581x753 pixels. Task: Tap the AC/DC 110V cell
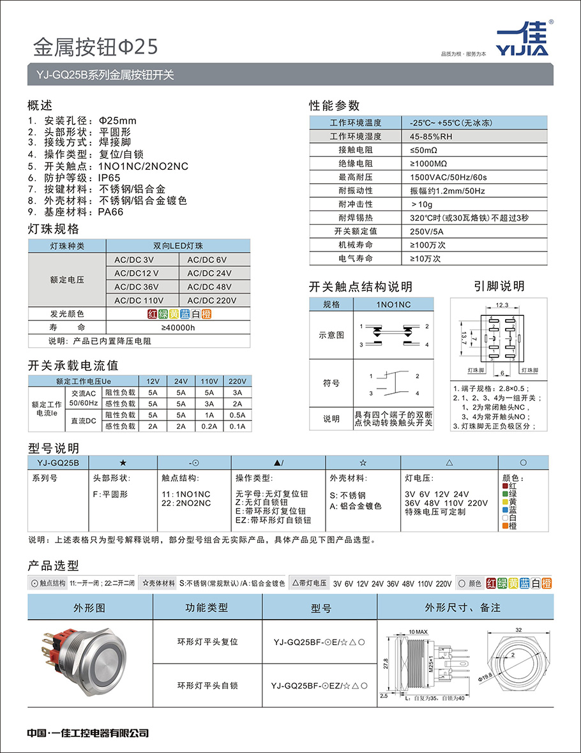(x=139, y=300)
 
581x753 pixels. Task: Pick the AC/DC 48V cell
(x=209, y=287)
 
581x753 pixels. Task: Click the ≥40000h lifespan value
(x=177, y=327)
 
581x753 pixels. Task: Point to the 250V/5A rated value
(x=425, y=231)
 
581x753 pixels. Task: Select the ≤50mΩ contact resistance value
(x=424, y=150)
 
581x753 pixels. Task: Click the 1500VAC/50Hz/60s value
(x=448, y=177)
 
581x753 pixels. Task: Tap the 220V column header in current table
(x=237, y=381)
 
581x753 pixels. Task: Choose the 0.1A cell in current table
(x=237, y=426)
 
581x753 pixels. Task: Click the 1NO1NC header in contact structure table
(x=394, y=304)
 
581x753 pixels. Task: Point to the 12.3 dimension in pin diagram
(x=501, y=305)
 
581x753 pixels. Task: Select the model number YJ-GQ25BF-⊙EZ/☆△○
(x=319, y=685)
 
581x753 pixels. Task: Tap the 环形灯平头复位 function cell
(x=207, y=641)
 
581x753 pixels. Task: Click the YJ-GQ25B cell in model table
(x=58, y=462)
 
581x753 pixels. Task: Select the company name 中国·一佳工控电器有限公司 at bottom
(x=88, y=733)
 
